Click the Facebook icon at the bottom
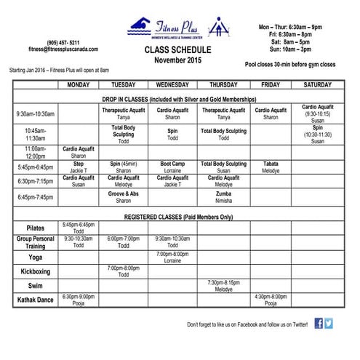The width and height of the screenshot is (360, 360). [319, 324]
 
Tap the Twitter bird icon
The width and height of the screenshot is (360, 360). [329, 324]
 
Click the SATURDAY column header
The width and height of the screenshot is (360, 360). [318, 85]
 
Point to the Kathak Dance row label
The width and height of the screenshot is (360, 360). [36, 299]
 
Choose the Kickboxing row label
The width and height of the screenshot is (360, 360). [36, 271]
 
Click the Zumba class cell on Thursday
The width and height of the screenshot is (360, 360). [223, 196]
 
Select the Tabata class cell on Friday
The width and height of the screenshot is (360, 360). [271, 167]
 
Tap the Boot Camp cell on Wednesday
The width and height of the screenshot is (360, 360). [172, 167]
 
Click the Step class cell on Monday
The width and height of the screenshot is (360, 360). [79, 167]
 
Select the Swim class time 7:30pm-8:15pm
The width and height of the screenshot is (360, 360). [223, 285]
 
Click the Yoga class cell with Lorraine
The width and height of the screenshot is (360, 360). [172, 257]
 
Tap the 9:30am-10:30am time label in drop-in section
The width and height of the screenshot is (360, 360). [36, 114]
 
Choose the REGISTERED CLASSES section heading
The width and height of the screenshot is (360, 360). [179, 217]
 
